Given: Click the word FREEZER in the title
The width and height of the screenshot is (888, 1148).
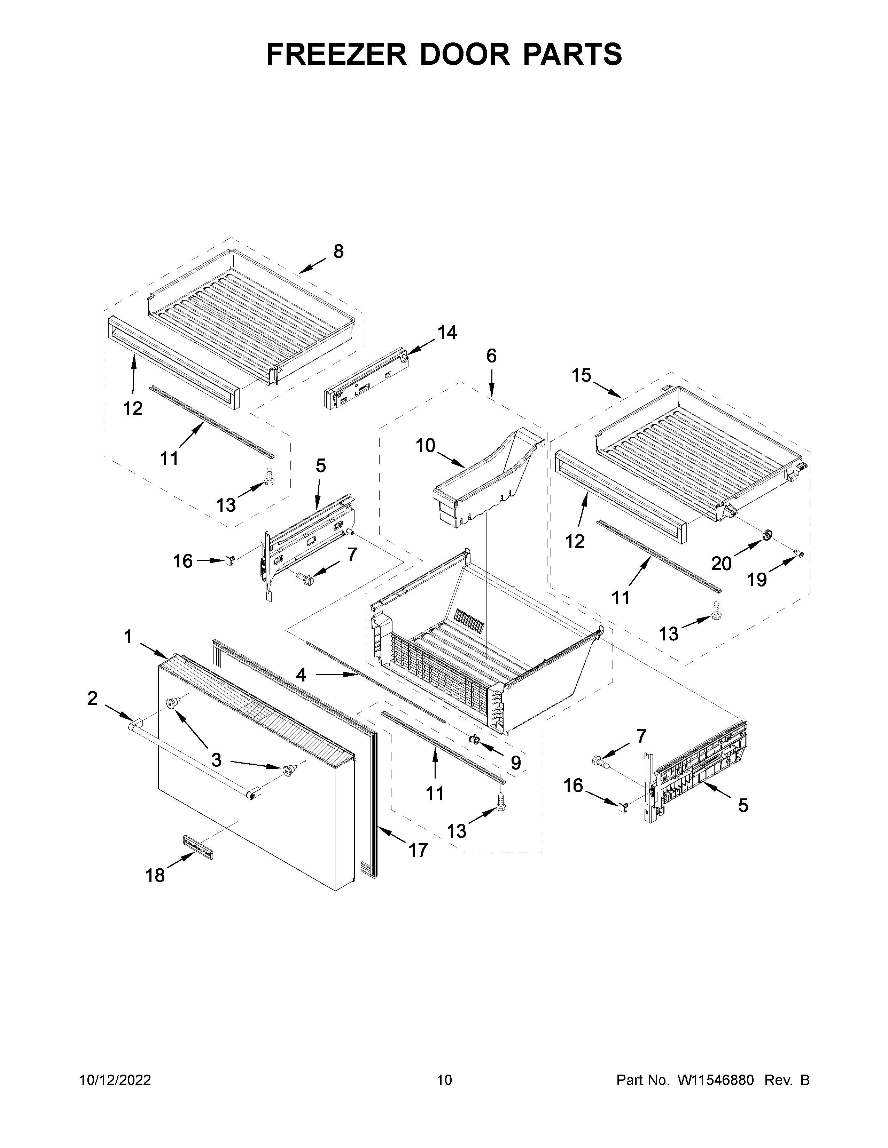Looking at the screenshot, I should point(337,54).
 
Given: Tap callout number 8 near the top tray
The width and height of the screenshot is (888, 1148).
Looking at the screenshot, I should point(338,252).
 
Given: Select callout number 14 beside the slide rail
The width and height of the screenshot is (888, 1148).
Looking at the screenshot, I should point(447,332).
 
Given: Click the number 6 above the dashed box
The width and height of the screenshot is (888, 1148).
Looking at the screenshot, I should point(491,356).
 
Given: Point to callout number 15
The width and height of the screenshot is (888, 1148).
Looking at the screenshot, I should point(581,375).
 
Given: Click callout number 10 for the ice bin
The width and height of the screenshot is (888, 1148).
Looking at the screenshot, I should point(425,446).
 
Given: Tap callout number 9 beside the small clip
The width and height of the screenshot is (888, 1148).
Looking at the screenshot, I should point(515,762).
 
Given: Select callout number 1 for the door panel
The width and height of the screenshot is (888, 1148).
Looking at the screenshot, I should point(128,637).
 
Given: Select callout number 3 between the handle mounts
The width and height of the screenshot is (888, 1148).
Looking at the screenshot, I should point(216,759).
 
